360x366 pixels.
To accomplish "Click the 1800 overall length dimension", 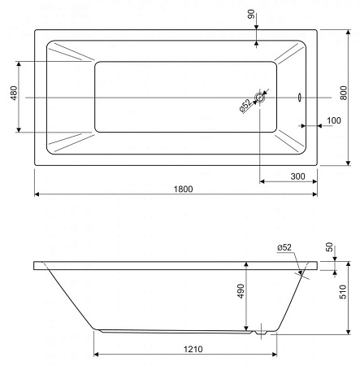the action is coord(183,189).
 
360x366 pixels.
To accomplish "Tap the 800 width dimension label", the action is coord(344,93).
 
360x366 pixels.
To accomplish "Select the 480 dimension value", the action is coord(14,93).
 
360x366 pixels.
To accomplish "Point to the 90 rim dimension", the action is coord(251,14).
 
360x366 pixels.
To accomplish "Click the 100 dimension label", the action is coord(334,120).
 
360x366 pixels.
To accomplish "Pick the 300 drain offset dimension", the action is coord(297,176).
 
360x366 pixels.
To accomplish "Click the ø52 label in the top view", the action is coord(245,106).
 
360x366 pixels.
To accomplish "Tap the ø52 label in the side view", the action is coord(284,247).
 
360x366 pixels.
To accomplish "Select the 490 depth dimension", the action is coord(241,291).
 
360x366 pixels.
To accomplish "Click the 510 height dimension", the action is coord(343,292).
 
